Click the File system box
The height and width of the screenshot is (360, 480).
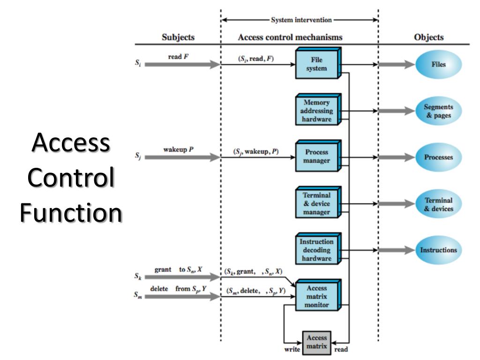click(x=317, y=64)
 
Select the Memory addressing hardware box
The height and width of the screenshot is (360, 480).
click(x=317, y=111)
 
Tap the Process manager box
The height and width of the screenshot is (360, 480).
click(x=317, y=157)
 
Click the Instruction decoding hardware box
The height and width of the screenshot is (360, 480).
click(x=317, y=250)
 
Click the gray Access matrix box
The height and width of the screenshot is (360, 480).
click(x=316, y=342)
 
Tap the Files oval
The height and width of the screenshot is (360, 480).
click(x=439, y=65)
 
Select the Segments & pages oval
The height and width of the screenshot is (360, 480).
click(x=439, y=111)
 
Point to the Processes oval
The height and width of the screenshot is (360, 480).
click(x=439, y=157)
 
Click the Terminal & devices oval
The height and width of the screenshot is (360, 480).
click(x=439, y=204)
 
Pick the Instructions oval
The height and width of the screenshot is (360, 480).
click(x=439, y=250)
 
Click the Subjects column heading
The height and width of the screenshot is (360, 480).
click(x=178, y=37)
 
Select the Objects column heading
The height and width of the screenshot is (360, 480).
click(x=429, y=37)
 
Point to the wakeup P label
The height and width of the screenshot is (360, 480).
click(x=179, y=150)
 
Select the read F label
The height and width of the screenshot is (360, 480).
click(x=178, y=57)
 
